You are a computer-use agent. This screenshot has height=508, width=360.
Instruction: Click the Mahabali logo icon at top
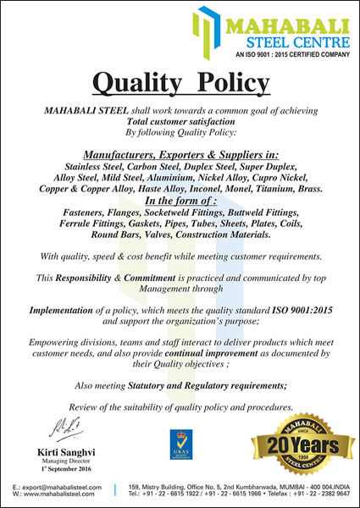pyautogui.click(x=208, y=30)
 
